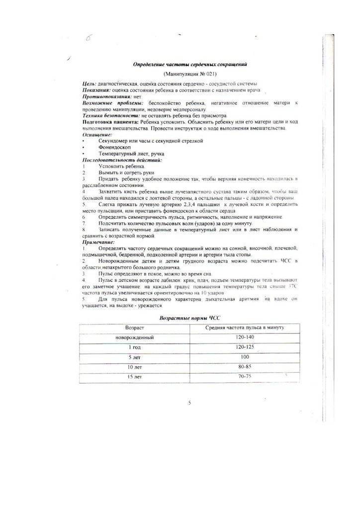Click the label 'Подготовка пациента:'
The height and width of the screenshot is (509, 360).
point(110,122)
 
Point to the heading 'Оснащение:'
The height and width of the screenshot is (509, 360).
point(97,135)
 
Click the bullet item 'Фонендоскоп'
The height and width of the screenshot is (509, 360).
point(113,148)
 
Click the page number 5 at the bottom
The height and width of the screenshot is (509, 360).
point(190,403)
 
